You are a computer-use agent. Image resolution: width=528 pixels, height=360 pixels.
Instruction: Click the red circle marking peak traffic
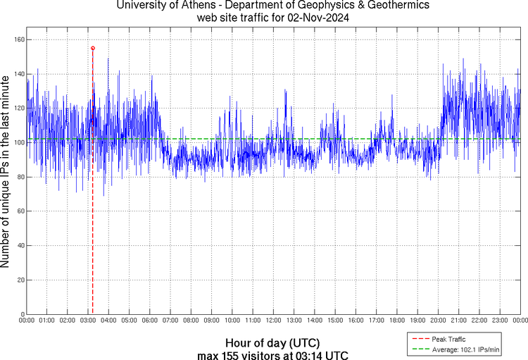93,48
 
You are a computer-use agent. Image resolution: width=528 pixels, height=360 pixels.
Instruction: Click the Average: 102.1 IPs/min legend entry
464,349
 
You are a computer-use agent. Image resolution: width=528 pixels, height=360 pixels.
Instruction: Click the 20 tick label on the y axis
20,280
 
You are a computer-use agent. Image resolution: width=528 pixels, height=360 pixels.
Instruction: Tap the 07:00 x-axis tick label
170,321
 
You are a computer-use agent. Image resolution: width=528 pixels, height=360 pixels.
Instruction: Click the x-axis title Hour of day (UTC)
272,342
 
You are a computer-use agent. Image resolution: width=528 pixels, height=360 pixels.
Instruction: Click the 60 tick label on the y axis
20,211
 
